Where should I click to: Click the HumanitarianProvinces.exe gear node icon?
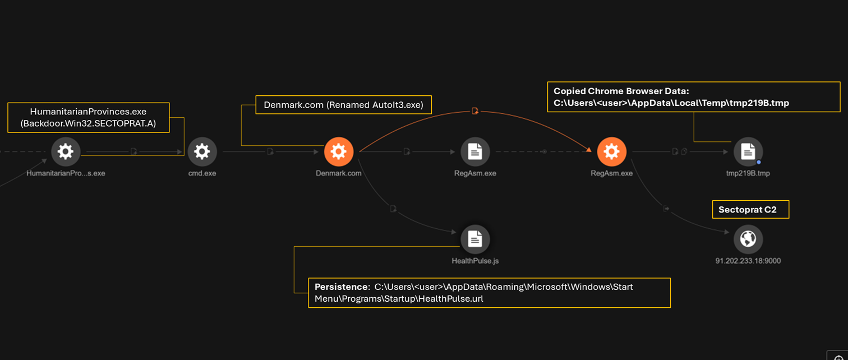point(66,151)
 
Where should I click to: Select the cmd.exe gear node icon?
point(202,151)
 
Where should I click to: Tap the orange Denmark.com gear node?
point(339,151)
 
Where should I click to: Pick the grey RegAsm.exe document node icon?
point(475,151)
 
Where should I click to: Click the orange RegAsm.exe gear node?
point(611,151)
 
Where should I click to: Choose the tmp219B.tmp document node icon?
point(748,151)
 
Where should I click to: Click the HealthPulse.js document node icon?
point(475,239)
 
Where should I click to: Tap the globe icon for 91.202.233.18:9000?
point(748,239)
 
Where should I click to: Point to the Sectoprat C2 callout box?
point(750,210)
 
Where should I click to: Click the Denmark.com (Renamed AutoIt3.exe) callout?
point(343,105)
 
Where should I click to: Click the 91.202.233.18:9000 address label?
point(748,261)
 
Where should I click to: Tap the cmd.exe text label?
point(202,173)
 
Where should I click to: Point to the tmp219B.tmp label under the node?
point(748,173)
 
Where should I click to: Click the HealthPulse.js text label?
point(475,261)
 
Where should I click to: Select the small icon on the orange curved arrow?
point(475,111)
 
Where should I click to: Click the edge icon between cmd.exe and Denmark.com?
point(270,151)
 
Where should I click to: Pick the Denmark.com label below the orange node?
point(339,173)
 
